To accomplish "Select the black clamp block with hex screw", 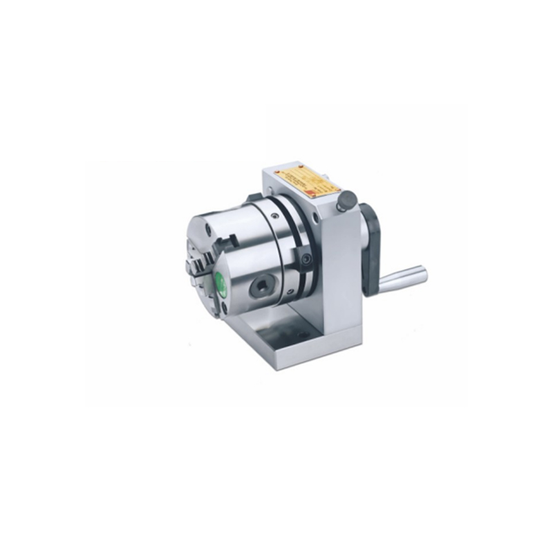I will (x=305, y=259).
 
